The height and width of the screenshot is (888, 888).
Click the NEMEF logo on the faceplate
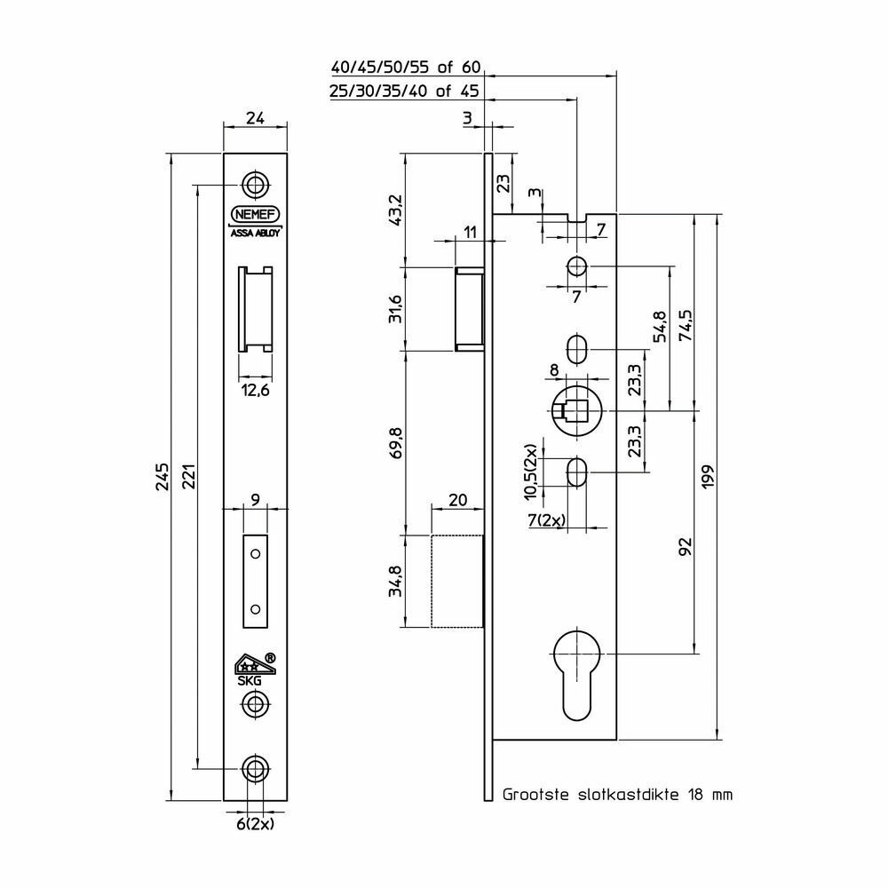pos(255,215)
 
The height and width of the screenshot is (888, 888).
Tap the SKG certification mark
pos(254,670)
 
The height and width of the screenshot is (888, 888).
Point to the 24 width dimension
pos(255,118)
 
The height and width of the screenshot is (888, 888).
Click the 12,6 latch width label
pos(256,390)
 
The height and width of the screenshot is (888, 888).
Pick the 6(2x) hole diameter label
pos(255,824)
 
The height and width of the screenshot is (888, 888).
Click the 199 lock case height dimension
pos(708,477)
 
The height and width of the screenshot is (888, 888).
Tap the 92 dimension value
pos(686,546)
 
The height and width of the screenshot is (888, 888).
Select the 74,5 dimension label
pos(686,325)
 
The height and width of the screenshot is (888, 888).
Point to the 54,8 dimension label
pos(660,327)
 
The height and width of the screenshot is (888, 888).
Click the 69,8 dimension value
pos(396,443)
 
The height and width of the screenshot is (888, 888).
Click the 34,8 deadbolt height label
pos(396,581)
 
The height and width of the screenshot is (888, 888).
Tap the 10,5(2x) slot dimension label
pos(531,472)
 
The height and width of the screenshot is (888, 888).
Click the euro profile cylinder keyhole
pos(578,675)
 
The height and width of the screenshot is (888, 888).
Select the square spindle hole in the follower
pos(576,412)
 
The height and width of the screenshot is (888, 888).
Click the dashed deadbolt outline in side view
pos(457,581)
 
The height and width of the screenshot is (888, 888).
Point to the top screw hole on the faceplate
pos(256,185)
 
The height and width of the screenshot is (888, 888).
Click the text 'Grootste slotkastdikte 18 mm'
pos(617,795)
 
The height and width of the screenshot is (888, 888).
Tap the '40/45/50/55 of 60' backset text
pos(406,68)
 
